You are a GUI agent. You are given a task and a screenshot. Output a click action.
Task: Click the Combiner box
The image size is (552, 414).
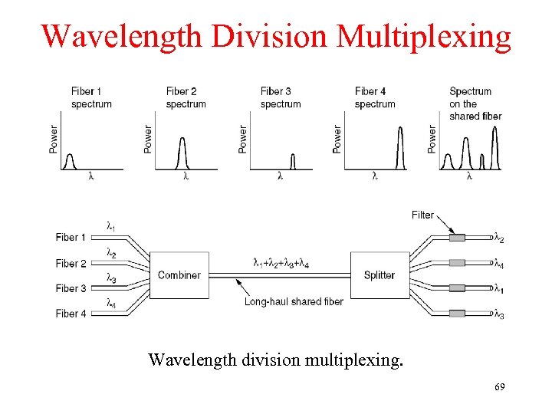pyautogui.click(x=179, y=275)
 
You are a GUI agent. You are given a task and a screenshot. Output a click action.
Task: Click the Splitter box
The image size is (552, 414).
pyautogui.click(x=379, y=275)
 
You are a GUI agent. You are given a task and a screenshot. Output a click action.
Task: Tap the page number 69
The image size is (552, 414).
pyautogui.click(x=499, y=389)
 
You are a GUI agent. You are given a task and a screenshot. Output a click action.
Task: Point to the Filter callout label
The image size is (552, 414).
pyautogui.click(x=422, y=215)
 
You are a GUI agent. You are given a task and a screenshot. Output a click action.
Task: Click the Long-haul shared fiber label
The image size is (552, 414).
pyautogui.click(x=294, y=301)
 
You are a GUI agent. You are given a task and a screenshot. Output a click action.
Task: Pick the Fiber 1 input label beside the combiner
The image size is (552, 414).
pyautogui.click(x=71, y=238)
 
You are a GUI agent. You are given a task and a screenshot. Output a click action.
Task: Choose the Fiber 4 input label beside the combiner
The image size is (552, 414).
pyautogui.click(x=71, y=314)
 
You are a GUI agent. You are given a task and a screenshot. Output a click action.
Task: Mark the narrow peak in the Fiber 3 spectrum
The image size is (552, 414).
pyautogui.click(x=292, y=161)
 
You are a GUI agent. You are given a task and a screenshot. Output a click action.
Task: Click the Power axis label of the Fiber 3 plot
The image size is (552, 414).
pyautogui.click(x=242, y=139)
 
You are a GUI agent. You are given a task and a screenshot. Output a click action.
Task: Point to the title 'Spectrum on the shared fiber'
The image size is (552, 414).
pyautogui.click(x=475, y=103)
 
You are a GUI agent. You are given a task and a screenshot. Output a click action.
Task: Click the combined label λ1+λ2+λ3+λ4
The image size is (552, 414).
pyautogui.click(x=281, y=263)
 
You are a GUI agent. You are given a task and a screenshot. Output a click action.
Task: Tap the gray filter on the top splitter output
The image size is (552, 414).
pyautogui.click(x=457, y=238)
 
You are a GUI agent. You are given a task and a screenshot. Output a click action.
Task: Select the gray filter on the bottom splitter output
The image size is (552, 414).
pyautogui.click(x=457, y=313)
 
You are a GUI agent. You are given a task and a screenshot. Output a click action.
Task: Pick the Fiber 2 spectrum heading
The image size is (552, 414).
pyautogui.click(x=186, y=97)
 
